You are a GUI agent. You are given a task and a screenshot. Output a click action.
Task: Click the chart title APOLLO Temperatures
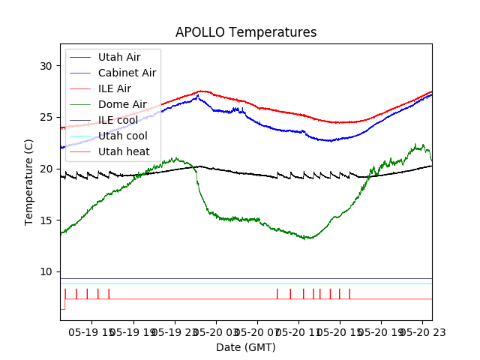pyautogui.click(x=246, y=32)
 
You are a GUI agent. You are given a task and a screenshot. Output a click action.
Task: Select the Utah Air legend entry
pyautogui.click(x=118, y=57)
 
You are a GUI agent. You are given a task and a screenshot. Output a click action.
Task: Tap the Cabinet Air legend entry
pyautogui.click(x=127, y=73)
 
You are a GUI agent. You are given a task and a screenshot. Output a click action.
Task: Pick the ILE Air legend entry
pyautogui.click(x=115, y=88)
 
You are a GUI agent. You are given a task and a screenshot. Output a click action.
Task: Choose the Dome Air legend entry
pyautogui.click(x=122, y=104)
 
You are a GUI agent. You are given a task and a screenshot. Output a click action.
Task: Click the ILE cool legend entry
pyautogui.click(x=118, y=120)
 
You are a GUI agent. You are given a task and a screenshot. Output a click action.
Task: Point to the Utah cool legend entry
pyautogui.click(x=122, y=136)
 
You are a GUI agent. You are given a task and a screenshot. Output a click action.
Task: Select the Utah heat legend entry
pyautogui.click(x=121, y=151)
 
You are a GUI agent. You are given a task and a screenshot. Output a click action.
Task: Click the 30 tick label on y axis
pyautogui.click(x=46, y=66)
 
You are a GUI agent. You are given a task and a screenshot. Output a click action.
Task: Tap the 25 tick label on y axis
pyautogui.click(x=46, y=117)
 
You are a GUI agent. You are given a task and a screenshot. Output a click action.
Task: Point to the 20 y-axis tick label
pyautogui.click(x=46, y=169)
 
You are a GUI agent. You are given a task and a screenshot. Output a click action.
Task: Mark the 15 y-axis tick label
pyautogui.click(x=46, y=220)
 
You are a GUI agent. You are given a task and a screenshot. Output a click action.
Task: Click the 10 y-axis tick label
pyautogui.click(x=46, y=271)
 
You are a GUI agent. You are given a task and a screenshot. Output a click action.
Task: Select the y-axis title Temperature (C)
pyautogui.click(x=29, y=181)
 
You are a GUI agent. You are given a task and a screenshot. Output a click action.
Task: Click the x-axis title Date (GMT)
pyautogui.click(x=246, y=347)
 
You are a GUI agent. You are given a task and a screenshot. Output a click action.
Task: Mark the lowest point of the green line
pyautogui.click(x=307, y=238)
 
